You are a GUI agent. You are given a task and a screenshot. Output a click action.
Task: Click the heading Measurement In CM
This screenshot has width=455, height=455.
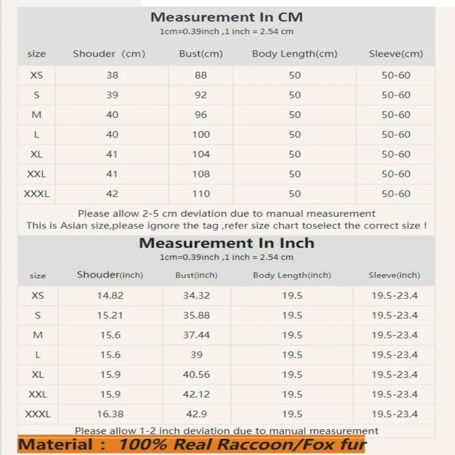(226, 17)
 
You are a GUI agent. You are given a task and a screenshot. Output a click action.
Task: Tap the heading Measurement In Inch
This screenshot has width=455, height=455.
(226, 243)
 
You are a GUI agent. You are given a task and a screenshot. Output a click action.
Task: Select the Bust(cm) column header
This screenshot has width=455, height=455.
(201, 54)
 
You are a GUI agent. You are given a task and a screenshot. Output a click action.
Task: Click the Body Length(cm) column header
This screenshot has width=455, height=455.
(294, 54)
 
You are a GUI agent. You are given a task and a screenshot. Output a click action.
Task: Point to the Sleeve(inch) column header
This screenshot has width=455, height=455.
(394, 275)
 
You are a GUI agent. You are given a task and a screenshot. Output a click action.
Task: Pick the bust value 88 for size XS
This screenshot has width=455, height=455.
(201, 75)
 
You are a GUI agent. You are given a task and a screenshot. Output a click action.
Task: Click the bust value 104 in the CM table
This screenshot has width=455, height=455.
(201, 154)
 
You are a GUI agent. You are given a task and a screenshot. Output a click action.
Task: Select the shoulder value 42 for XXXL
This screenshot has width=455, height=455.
(112, 194)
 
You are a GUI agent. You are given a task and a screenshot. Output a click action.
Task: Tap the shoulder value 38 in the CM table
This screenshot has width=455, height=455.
(112, 75)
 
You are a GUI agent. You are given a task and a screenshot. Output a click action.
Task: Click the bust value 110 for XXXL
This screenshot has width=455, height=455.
(201, 194)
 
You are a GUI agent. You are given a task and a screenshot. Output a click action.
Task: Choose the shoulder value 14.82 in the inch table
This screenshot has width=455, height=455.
(110, 296)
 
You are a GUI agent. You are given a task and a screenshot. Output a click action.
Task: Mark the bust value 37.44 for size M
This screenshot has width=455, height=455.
(196, 335)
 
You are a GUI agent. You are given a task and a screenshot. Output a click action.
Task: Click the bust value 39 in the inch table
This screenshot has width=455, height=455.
(196, 355)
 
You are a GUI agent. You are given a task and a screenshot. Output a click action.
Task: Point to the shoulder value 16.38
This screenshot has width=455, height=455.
(110, 414)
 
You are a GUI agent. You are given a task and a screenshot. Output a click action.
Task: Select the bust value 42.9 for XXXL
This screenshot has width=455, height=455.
(196, 414)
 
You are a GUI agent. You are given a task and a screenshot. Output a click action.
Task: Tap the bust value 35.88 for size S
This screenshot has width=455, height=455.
(196, 315)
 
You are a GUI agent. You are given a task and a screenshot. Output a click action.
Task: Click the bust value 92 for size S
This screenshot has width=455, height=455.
(201, 95)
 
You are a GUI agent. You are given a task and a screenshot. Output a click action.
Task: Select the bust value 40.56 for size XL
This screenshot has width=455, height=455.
(196, 374)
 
